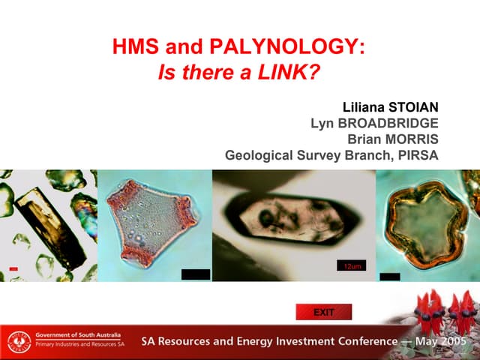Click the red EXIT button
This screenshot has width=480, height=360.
point(323,312)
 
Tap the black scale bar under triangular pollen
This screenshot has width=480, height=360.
point(196,274)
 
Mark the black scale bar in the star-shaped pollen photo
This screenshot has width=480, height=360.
point(390,276)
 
